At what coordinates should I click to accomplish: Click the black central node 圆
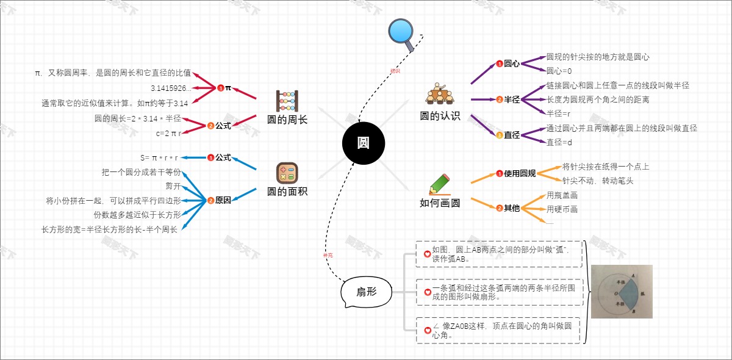[364, 143]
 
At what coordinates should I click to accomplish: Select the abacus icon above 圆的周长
[287, 99]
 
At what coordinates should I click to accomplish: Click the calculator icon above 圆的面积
[287, 173]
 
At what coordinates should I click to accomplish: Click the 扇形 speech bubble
[366, 292]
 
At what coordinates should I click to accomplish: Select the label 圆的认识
[440, 116]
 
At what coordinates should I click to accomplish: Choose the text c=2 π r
[169, 133]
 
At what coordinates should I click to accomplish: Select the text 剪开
[173, 186]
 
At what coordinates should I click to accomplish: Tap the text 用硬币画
[562, 209]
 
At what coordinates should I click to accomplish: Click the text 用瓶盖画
[562, 195]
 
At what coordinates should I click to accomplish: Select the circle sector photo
[622, 291]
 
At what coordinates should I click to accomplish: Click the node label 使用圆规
[519, 174]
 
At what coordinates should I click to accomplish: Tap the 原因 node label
[223, 200]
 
